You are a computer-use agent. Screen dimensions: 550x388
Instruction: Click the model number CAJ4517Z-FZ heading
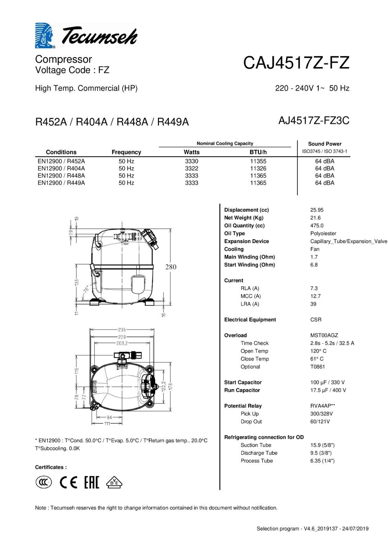click(x=296, y=63)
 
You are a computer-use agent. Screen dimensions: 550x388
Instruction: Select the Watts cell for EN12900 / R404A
click(x=192, y=168)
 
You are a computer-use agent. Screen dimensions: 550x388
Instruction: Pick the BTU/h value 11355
click(x=258, y=161)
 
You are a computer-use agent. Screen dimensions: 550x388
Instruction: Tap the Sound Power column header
click(x=324, y=144)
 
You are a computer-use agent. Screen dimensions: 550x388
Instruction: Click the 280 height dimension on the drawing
click(x=171, y=267)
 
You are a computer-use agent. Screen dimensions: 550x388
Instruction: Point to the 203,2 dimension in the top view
click(x=122, y=343)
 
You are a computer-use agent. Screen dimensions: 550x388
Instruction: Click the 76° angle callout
click(x=86, y=289)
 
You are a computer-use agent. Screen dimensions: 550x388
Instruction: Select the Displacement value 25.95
click(x=317, y=210)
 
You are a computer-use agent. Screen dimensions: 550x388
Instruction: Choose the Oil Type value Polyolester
click(x=323, y=233)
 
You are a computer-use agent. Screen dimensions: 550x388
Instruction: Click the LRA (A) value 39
click(x=313, y=304)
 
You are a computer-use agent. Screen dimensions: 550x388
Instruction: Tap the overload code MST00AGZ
click(x=324, y=335)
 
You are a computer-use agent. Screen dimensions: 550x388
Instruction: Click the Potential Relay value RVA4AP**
click(x=323, y=406)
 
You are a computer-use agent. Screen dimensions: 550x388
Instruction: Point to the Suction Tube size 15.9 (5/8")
click(x=322, y=445)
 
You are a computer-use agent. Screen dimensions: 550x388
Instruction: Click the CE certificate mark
click(x=68, y=483)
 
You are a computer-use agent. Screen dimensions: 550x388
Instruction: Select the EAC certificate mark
click(x=92, y=483)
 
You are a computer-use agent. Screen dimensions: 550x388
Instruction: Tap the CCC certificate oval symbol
click(x=44, y=483)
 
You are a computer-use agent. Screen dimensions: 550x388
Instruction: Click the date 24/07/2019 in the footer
click(x=355, y=529)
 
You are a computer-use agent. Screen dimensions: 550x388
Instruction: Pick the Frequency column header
click(x=126, y=152)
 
